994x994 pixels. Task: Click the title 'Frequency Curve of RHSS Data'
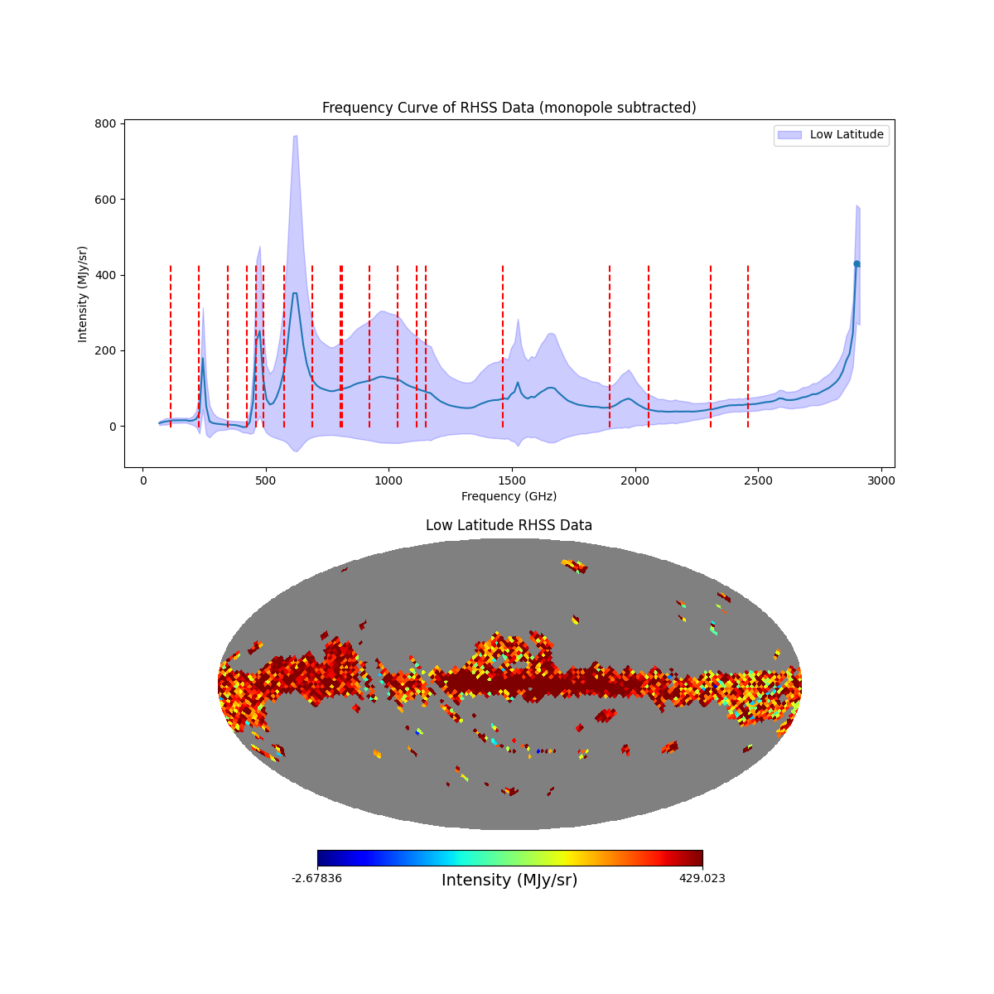(509, 108)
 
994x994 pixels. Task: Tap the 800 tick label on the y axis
(105, 123)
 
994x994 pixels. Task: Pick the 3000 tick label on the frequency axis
(881, 480)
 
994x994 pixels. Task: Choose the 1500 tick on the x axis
(512, 480)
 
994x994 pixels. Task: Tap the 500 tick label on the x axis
(266, 480)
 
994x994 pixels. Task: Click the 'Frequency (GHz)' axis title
(509, 496)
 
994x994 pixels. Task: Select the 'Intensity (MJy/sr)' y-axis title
(83, 294)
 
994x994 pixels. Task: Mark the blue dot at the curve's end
(856, 263)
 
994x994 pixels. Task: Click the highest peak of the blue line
(294, 293)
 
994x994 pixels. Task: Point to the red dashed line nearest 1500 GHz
(503, 346)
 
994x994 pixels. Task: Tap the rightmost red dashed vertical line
(748, 346)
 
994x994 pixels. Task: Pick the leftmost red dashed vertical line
(171, 346)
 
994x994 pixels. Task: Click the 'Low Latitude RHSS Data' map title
(509, 525)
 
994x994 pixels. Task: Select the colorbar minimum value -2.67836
(316, 878)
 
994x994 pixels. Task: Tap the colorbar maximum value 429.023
(702, 878)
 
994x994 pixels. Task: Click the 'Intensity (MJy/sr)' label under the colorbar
(509, 881)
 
